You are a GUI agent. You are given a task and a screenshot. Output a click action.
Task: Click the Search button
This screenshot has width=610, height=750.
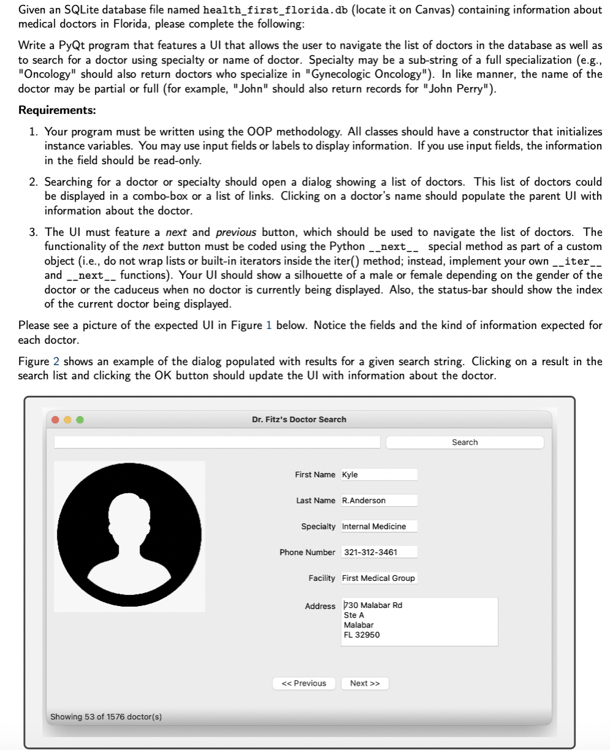tap(464, 442)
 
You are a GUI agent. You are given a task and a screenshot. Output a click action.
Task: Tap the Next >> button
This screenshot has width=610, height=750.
tap(365, 683)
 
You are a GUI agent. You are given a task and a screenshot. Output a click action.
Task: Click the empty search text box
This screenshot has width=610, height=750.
tap(217, 442)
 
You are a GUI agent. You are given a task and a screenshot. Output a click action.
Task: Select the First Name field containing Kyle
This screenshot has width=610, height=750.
tap(378, 475)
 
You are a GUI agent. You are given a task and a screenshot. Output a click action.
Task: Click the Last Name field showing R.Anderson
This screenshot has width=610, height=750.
tap(378, 501)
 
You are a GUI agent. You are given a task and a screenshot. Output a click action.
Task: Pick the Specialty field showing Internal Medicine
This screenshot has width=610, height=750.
tap(378, 526)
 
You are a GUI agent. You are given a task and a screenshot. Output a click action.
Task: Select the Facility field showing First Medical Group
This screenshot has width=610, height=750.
tap(378, 578)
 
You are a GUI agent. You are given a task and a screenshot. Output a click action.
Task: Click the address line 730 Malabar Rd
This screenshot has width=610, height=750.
tap(374, 605)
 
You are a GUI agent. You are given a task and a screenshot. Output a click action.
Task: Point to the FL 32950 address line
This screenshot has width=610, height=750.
tap(362, 635)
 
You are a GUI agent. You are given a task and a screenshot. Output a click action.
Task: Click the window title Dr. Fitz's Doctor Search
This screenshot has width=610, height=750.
tap(299, 420)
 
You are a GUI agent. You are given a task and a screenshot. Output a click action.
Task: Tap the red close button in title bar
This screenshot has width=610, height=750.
tap(56, 420)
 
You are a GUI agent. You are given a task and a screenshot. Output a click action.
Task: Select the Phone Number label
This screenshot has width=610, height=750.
tap(307, 552)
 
